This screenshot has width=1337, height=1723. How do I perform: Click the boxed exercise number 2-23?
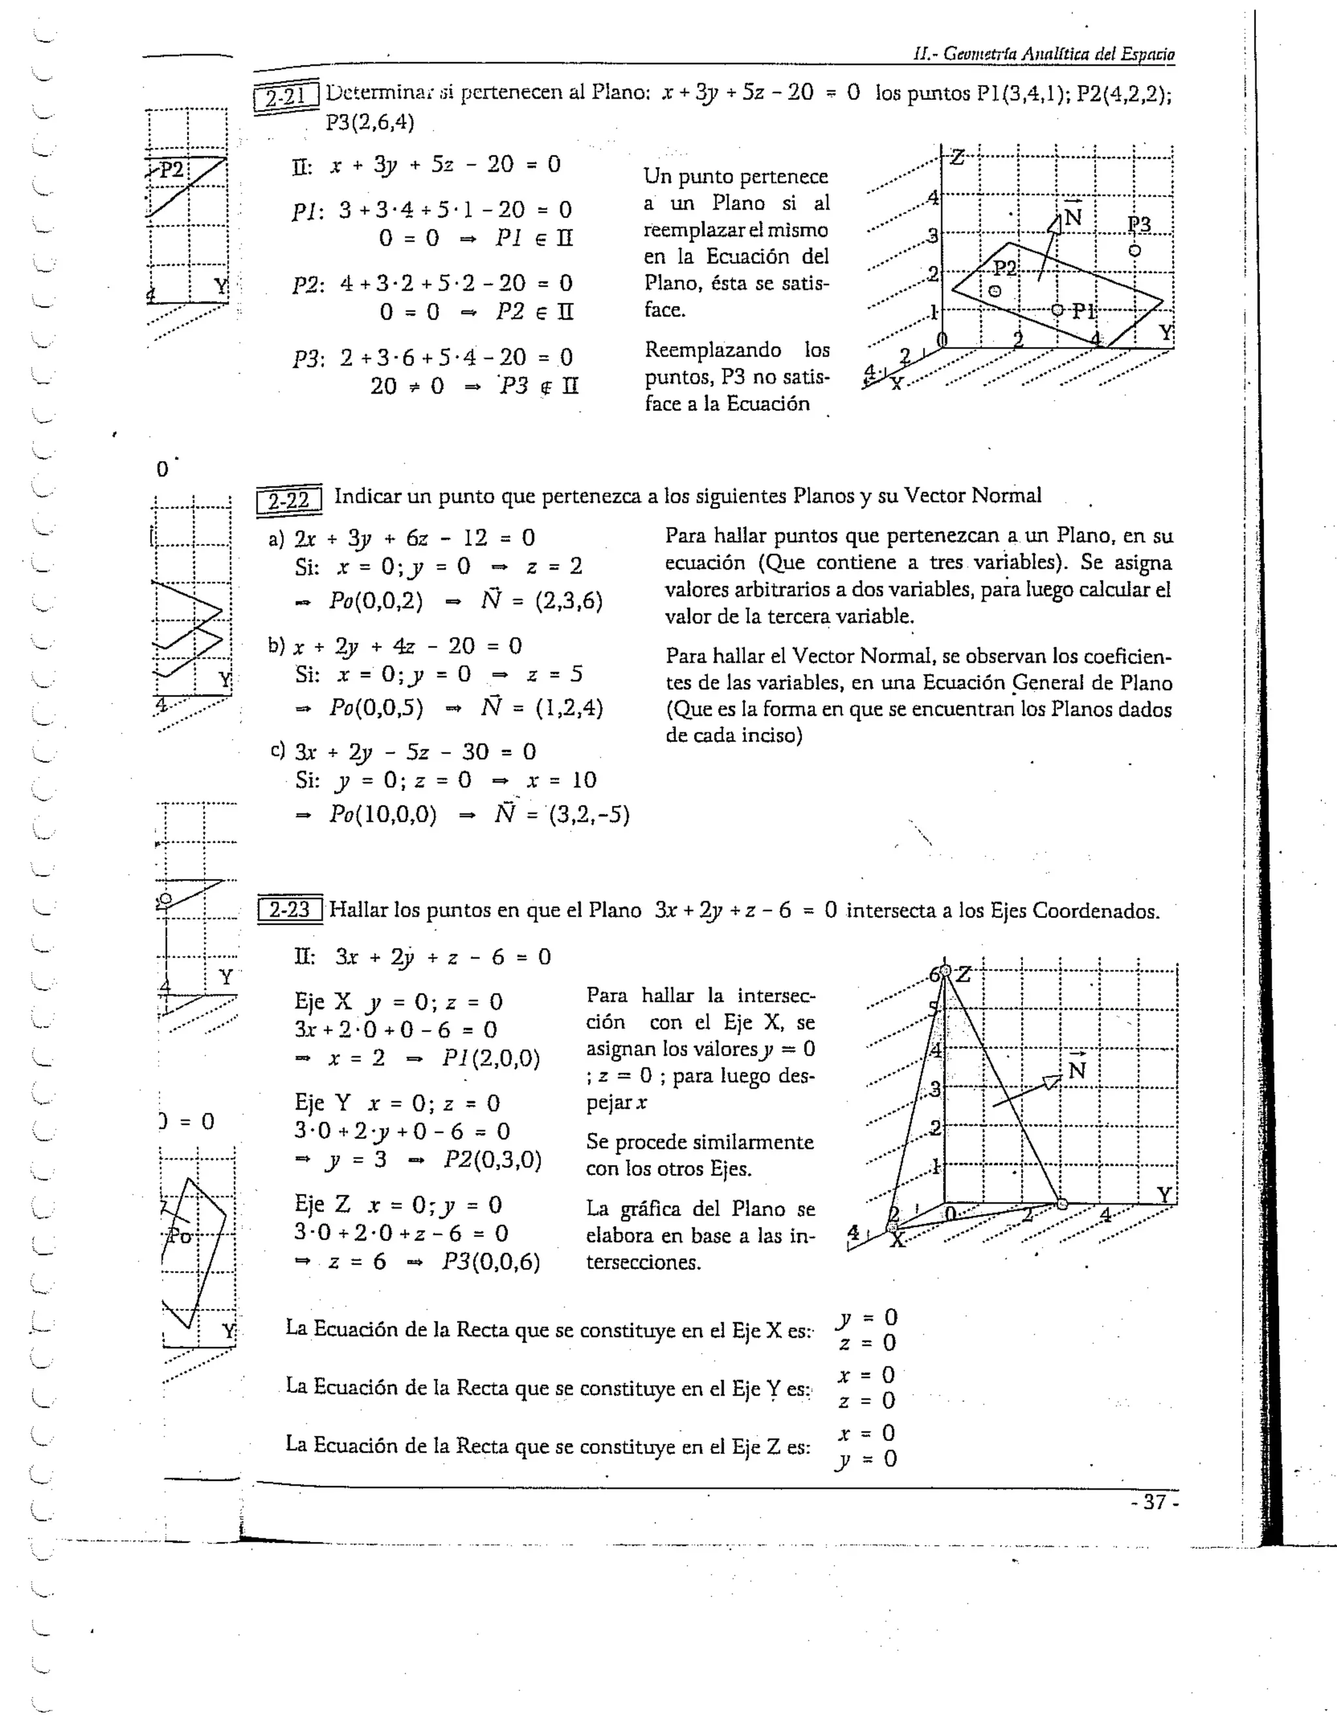coord(289,910)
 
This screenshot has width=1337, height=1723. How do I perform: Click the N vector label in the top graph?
coord(1072,216)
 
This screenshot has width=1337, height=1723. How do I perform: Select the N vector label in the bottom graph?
coord(1077,1070)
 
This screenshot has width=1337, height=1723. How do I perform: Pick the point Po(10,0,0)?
coord(383,814)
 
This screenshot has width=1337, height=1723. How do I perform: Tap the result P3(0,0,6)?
coord(491,1262)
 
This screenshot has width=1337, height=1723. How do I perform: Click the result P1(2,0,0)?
coord(491,1058)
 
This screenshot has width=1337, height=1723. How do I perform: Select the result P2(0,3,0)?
coord(492,1160)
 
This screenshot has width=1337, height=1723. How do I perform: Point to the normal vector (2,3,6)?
coord(568,601)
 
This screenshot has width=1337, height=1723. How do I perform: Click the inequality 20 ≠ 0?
coord(407,386)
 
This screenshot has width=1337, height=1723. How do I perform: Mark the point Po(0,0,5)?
coord(375,707)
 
